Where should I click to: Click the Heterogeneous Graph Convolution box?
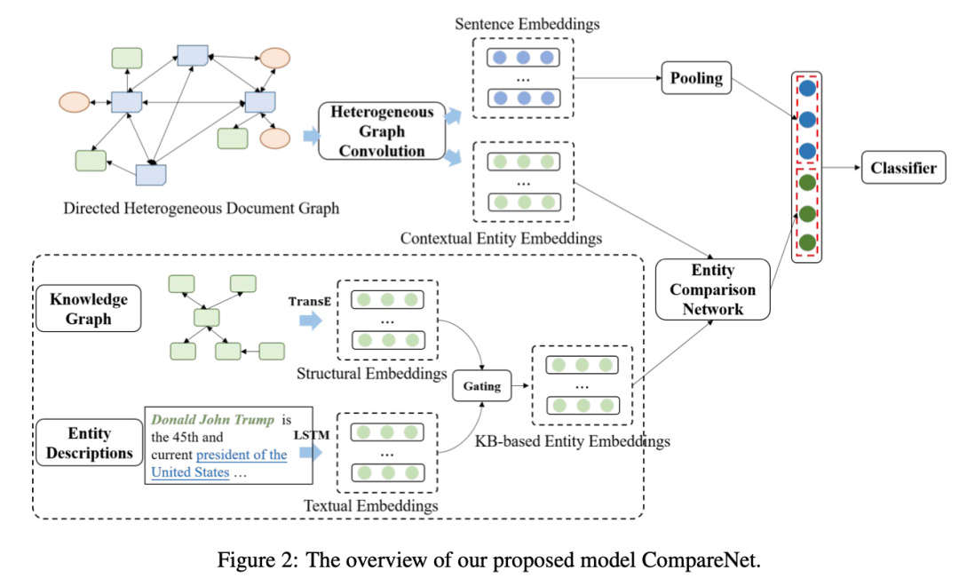coord(382,131)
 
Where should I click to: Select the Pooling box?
coord(696,78)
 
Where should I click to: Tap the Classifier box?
coord(903,168)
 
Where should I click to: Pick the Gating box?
coord(480,387)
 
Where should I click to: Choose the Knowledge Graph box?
coord(89,308)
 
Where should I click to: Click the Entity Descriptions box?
coord(89,443)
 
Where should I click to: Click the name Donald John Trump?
coord(212,419)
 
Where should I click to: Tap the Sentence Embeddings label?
coord(527,24)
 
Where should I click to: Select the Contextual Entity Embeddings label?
coord(501,238)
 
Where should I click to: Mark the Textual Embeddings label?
coord(371,505)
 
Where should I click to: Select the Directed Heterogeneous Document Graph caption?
coord(202,209)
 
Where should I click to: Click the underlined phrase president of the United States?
coord(219,463)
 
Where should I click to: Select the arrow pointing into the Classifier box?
coord(841,168)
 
